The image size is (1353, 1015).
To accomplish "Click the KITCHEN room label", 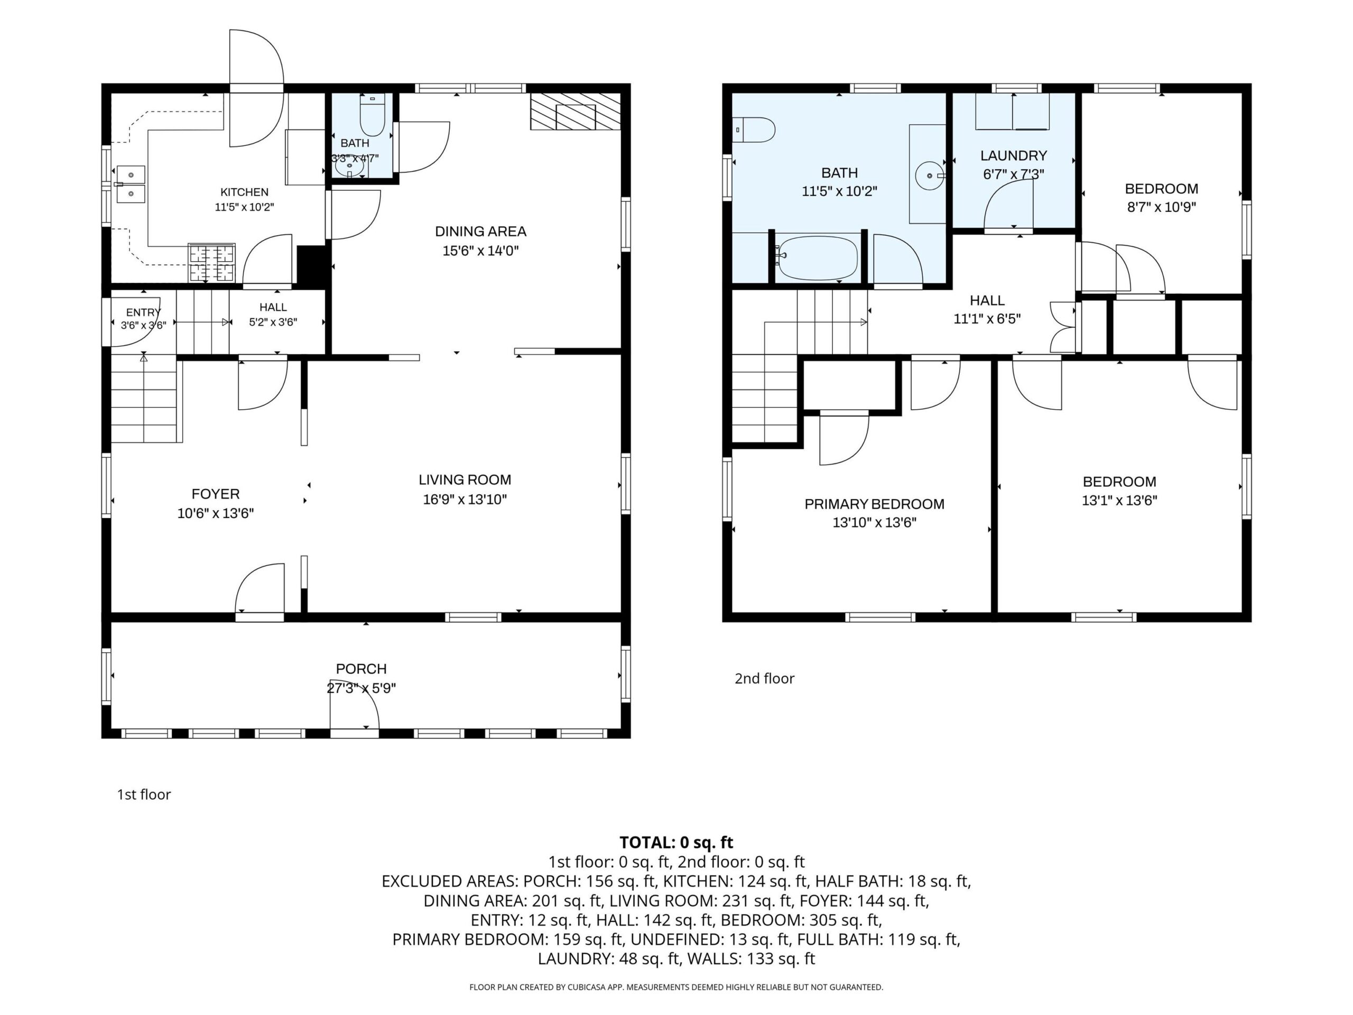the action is pos(244,192).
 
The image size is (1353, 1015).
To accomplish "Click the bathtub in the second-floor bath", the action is pos(818,258).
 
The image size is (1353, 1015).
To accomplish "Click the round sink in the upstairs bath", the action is pos(930,176).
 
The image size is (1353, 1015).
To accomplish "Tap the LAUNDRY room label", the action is pos(1014,155).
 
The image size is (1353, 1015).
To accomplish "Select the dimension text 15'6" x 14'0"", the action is pos(481,250).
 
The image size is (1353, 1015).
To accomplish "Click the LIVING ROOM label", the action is pos(465,479).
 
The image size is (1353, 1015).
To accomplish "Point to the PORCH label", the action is pos(361,669).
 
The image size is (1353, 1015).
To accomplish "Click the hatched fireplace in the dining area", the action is pos(576,112).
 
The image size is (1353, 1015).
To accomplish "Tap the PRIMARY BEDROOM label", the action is pos(874,504).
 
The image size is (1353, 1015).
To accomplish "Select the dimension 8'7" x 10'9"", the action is pos(1162,207).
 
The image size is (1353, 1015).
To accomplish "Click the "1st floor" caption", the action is pos(144,795).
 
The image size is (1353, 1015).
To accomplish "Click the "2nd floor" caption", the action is pos(765,678).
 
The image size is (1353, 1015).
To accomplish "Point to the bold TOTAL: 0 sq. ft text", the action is pos(676,843).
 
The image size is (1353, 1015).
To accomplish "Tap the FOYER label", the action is pos(215,494).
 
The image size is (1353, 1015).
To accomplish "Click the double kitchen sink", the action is pos(131,184).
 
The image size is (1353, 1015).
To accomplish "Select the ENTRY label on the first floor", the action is pos(143,312).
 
